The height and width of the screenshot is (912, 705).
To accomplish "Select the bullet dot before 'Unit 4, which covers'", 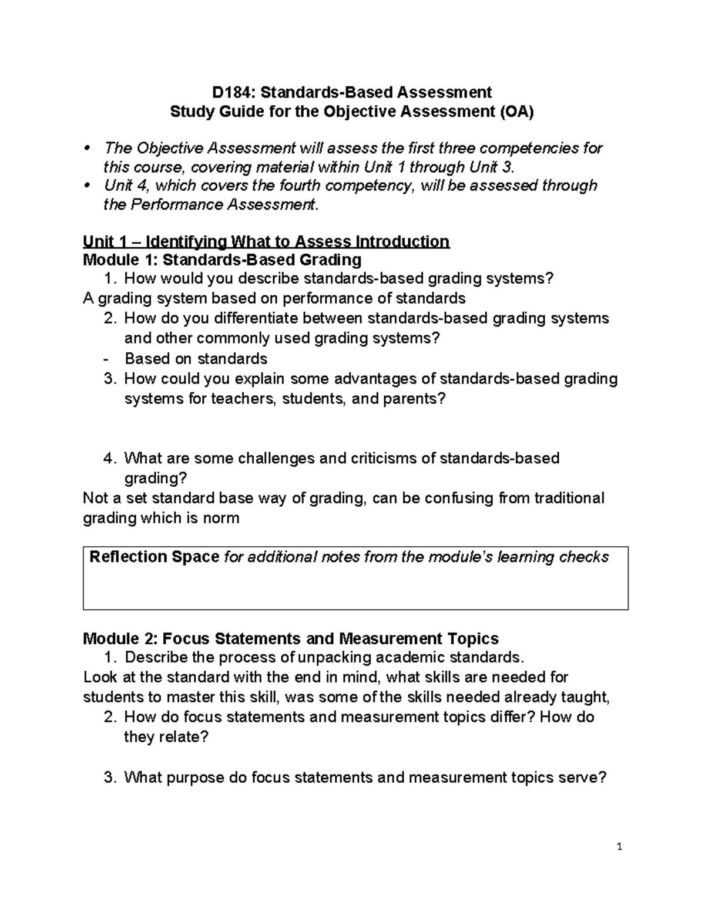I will [88, 185].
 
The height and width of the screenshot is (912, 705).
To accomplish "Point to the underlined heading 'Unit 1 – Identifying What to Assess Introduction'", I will [266, 241].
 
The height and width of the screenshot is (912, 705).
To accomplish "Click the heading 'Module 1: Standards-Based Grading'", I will [222, 260].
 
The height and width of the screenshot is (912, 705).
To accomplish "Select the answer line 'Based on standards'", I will [196, 358].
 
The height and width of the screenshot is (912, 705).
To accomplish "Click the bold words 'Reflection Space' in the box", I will [154, 557].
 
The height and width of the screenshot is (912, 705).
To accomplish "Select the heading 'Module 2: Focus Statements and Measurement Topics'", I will [291, 638].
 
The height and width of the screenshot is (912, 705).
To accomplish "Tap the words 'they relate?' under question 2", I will [166, 737].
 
